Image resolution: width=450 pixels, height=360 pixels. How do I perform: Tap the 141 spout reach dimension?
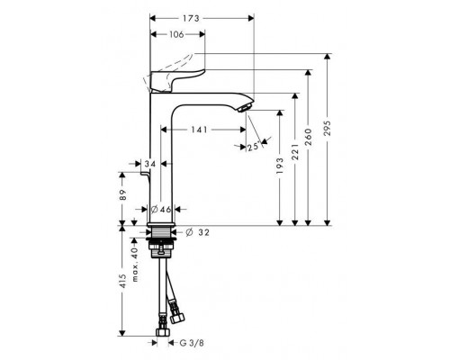click(x=200, y=130)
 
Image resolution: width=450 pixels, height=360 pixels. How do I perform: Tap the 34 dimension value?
click(x=149, y=164)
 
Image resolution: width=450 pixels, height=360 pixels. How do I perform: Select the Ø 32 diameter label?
click(x=202, y=231)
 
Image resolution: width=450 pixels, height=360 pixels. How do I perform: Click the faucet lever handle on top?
click(x=179, y=76)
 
